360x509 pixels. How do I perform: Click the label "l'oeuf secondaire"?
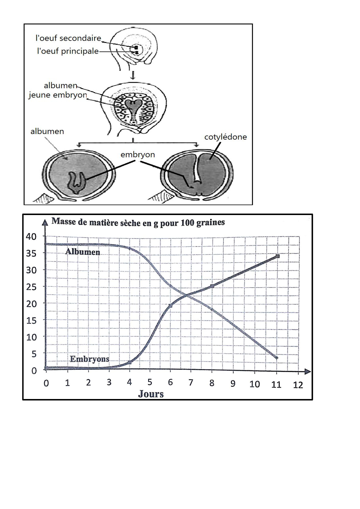click(x=68, y=38)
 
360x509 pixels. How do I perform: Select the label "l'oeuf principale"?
click(x=68, y=51)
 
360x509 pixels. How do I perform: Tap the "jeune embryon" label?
click(x=58, y=95)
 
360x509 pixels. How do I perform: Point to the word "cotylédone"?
click(x=226, y=137)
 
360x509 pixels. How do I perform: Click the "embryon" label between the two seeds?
click(x=138, y=154)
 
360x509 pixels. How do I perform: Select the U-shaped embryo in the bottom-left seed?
click(x=77, y=183)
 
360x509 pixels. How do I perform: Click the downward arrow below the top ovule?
click(x=133, y=75)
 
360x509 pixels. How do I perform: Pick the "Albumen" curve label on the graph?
click(x=83, y=252)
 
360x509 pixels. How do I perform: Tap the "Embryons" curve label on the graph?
click(x=90, y=359)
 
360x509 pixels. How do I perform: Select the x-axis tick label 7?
click(x=191, y=383)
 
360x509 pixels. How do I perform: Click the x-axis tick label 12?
click(x=298, y=385)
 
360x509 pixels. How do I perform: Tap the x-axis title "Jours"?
click(x=151, y=394)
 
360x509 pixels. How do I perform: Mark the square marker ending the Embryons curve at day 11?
click(x=278, y=256)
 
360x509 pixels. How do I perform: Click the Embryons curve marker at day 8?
click(x=212, y=286)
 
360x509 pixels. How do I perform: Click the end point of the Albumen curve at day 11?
click(x=277, y=358)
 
